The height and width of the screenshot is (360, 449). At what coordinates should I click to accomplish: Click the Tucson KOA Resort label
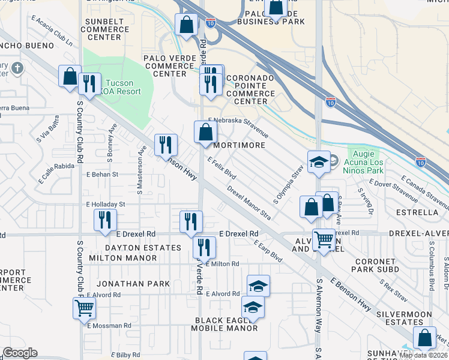(122, 87)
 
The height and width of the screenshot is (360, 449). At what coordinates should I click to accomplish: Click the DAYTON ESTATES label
(143, 247)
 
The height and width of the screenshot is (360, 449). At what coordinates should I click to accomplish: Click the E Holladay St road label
(106, 204)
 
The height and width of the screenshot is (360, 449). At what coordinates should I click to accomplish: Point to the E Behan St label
(103, 175)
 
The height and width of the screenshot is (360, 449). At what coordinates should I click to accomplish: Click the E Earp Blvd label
(268, 251)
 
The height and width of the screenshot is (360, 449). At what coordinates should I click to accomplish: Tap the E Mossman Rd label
(109, 326)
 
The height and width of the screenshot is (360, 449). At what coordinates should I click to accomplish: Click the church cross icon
(16, 67)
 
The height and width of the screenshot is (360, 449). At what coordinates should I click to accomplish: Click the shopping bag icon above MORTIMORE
(205, 132)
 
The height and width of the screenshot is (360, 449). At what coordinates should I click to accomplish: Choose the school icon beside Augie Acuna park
(318, 161)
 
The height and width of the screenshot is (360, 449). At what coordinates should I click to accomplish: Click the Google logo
(20, 353)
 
